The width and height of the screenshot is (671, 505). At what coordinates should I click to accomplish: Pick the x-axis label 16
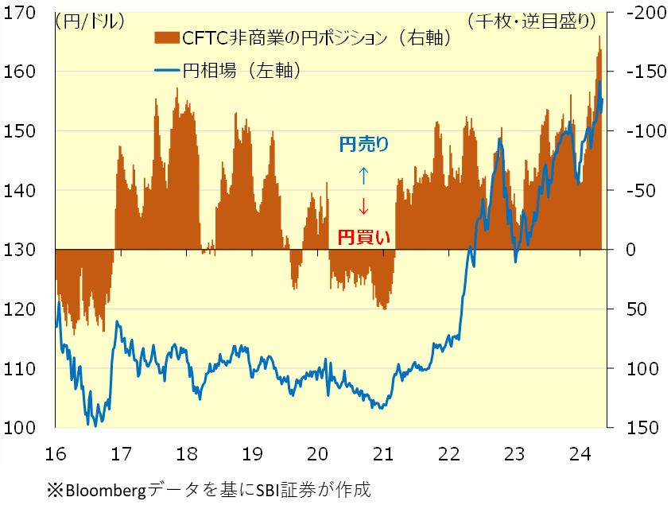pyautogui.click(x=56, y=455)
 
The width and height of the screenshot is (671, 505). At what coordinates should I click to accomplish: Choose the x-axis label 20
pyautogui.click(x=318, y=455)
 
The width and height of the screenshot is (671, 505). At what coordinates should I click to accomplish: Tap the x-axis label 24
pyautogui.click(x=580, y=455)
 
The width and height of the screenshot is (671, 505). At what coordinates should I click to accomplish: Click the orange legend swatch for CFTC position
pyautogui.click(x=166, y=37)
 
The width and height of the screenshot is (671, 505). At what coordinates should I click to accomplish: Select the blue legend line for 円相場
pyautogui.click(x=166, y=70)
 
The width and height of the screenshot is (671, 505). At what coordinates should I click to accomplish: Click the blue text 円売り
pyautogui.click(x=363, y=144)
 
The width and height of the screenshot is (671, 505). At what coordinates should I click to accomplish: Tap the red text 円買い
pyautogui.click(x=363, y=236)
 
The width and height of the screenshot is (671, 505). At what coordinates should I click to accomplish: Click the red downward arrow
pyautogui.click(x=363, y=206)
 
